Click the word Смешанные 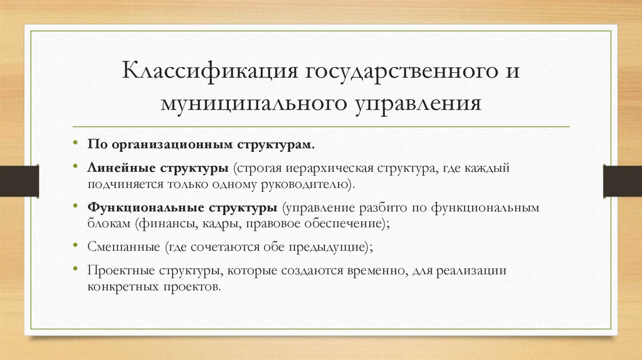(115, 246)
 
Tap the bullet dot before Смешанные (75, 246)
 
